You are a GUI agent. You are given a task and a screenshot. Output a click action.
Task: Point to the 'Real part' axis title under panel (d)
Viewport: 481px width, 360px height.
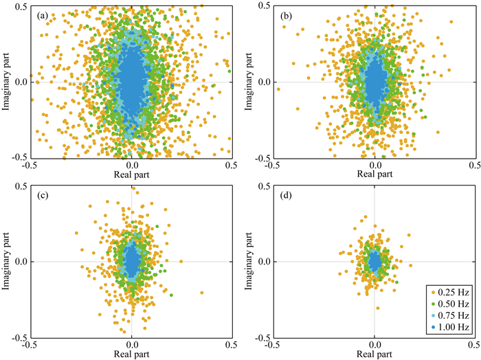[374, 355]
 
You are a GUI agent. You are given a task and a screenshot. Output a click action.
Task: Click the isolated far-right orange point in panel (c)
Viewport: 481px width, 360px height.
[202, 293]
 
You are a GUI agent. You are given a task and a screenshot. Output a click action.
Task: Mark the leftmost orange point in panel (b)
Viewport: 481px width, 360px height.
[278, 89]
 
